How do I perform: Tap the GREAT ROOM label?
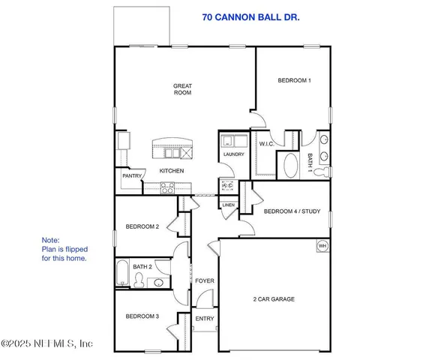tap(183, 91)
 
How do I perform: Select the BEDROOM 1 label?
tap(294, 80)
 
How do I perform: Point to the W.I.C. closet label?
tap(266, 144)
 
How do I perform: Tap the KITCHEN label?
tap(171, 171)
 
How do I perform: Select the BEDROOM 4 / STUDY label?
tap(292, 211)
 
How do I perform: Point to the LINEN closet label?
tap(229, 205)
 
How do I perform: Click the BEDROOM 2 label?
tap(142, 226)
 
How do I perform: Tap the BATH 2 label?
tap(142, 267)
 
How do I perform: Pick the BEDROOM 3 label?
tap(142, 316)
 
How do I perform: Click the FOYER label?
tap(205, 281)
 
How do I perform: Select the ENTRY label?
tap(205, 319)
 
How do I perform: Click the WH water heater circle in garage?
tap(322, 246)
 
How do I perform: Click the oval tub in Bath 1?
tap(289, 163)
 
